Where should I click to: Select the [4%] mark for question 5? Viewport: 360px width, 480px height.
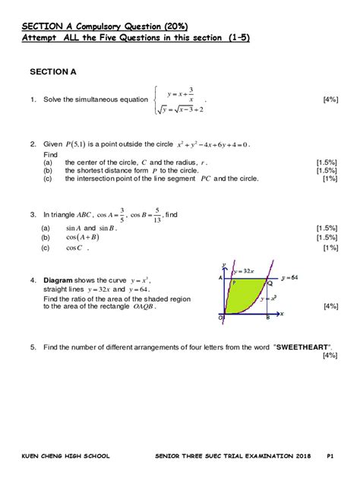pos(330,355)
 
